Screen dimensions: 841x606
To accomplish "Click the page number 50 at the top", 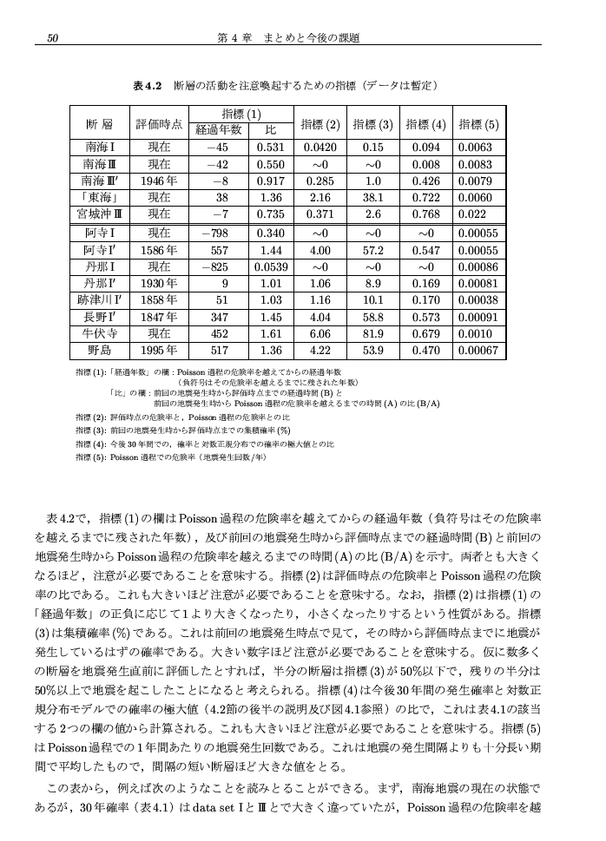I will point(52,37).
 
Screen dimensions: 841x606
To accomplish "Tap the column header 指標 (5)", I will point(478,124).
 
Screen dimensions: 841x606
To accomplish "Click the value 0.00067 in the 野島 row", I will point(478,351).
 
